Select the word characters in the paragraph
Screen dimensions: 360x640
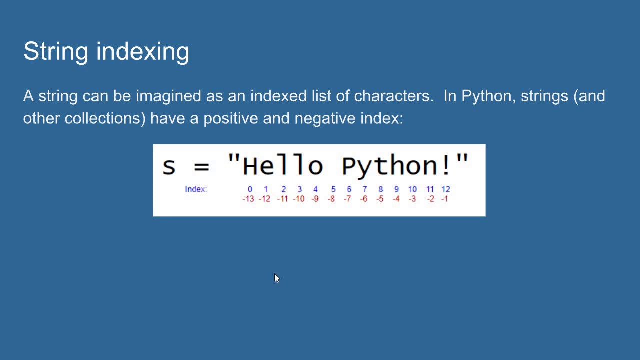tap(393, 96)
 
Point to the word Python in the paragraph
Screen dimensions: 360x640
tap(488, 96)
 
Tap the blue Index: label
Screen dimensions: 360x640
tap(196, 189)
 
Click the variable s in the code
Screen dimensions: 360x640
tap(169, 166)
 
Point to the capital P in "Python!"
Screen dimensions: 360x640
tap(349, 165)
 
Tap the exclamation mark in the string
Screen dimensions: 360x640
tap(446, 165)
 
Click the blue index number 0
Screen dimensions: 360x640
tap(250, 189)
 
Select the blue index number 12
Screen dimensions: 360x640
tap(445, 189)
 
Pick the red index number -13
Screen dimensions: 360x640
tap(248, 199)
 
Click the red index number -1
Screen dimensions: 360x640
tap(444, 199)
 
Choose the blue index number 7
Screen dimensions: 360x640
tap(364, 189)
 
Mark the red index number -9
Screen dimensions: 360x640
tap(315, 199)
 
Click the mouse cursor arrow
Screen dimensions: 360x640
tap(277, 278)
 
